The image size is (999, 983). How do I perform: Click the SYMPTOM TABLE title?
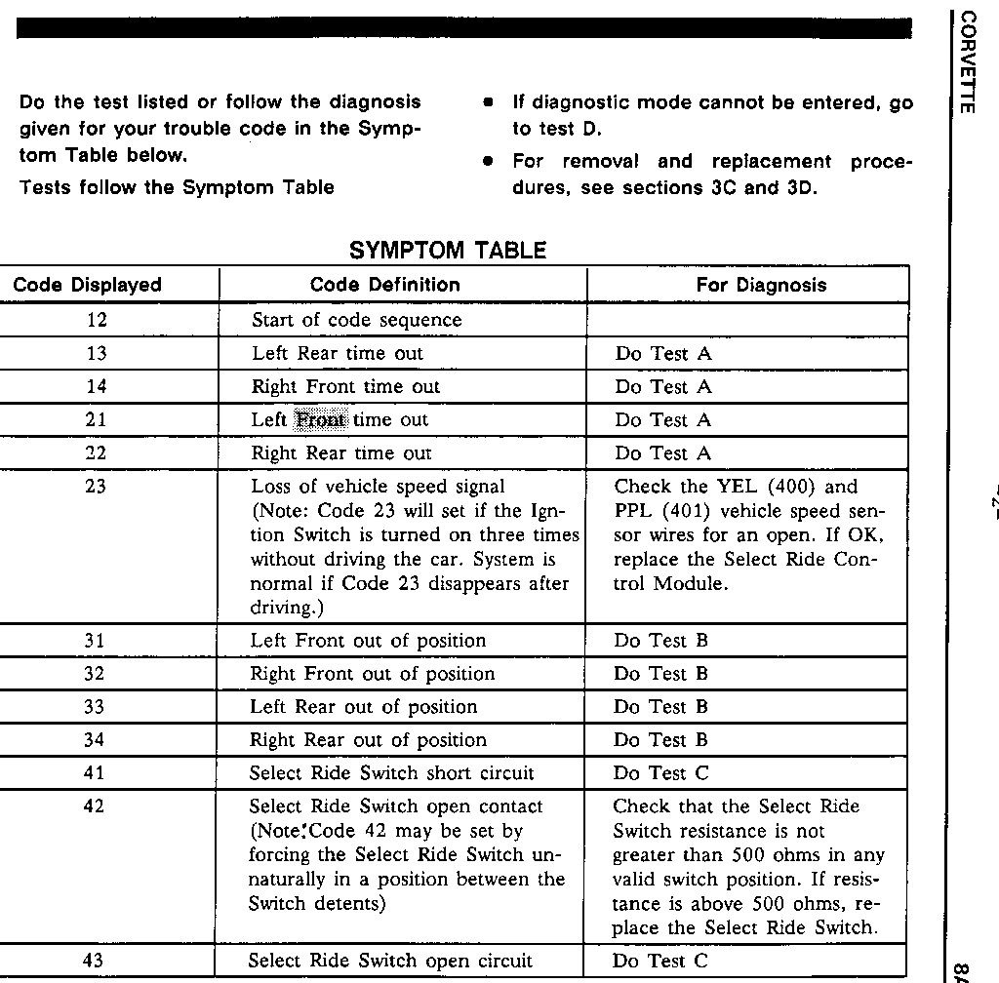pos(448,251)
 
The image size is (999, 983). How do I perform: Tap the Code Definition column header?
pos(384,285)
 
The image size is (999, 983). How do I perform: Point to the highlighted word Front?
pos(320,420)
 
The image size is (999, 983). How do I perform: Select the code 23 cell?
pos(96,486)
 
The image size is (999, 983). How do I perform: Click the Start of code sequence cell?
pos(356,320)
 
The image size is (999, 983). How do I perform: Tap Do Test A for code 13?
pos(663,354)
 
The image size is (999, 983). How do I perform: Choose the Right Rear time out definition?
pos(340,453)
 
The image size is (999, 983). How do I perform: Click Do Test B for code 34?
pos(660,740)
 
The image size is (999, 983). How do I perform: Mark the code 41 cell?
pos(96,773)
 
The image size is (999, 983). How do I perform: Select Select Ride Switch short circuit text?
pos(392,773)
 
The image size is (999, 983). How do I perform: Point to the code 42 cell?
pos(96,806)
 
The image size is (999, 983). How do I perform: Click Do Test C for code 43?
pos(660,962)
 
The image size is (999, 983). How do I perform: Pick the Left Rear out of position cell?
pos(364,707)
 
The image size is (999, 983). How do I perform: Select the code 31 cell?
pos(96,641)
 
